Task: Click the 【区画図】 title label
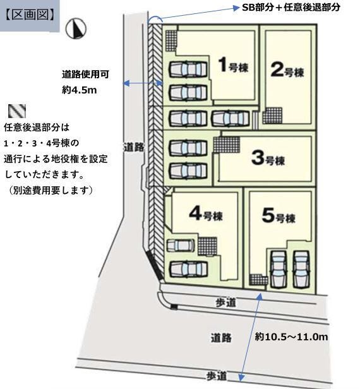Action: coord(30,15)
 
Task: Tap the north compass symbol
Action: coord(76,28)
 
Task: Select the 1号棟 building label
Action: coord(234,66)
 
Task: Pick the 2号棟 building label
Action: coord(287,70)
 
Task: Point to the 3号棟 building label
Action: coord(268,159)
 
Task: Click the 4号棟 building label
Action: coord(206,214)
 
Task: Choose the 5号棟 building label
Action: coord(279,215)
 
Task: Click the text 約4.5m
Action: coord(80,90)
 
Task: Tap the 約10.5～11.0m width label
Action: coord(292,337)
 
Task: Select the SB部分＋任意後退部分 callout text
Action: coord(291,8)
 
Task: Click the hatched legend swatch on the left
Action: coord(17,111)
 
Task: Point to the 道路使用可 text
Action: coord(86,74)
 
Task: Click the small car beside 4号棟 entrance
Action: coord(181,246)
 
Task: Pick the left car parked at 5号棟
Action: coord(279,269)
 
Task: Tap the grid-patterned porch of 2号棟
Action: coord(272,116)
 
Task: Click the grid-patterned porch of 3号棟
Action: coord(227,145)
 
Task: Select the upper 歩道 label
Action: coord(225,302)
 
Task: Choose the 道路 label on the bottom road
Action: coord(221,338)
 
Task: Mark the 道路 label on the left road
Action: coord(134,148)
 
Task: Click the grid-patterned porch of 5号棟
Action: coord(258,280)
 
